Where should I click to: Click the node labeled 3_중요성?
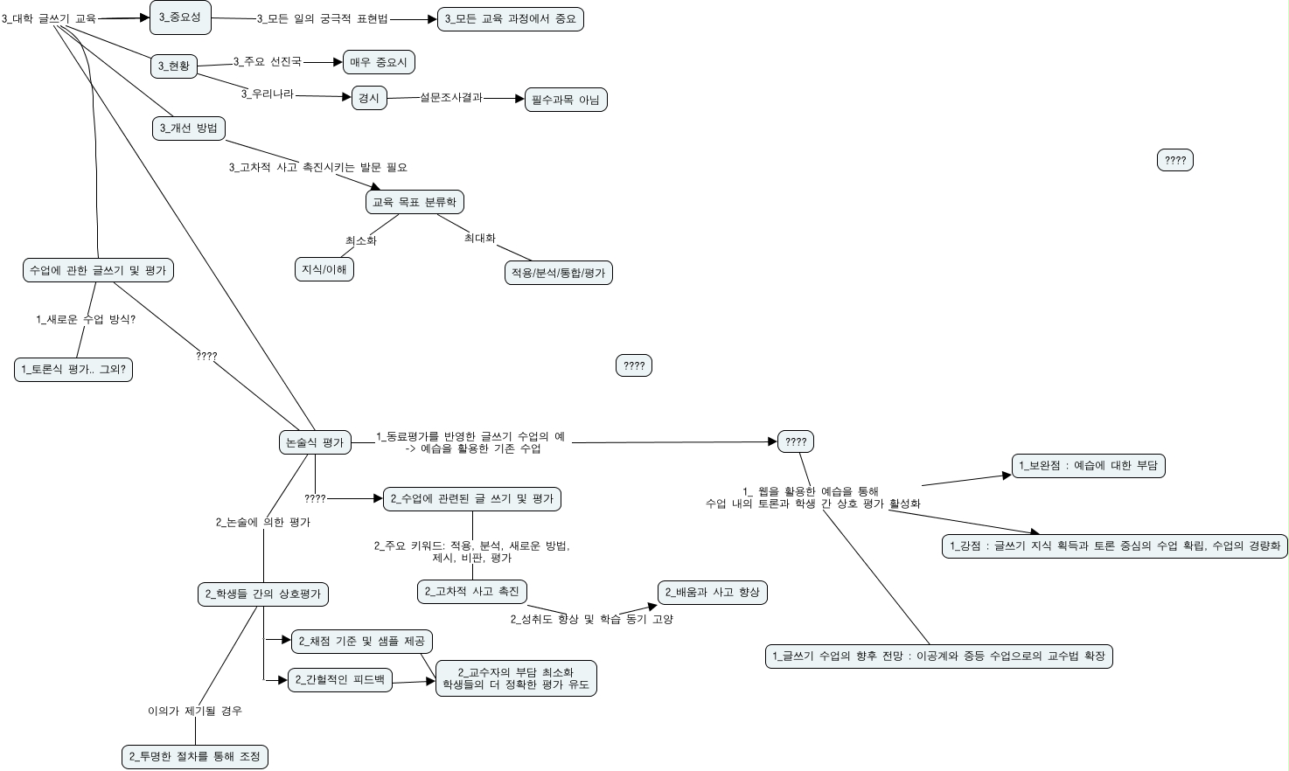[180, 17]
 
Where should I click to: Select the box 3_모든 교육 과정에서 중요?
[510, 18]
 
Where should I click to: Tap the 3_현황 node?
[174, 66]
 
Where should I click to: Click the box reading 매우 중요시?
[378, 62]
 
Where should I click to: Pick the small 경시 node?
[368, 99]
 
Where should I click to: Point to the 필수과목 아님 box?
[565, 100]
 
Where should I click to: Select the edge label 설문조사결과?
[450, 98]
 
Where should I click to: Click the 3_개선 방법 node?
[189, 128]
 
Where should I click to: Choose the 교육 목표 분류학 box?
[414, 202]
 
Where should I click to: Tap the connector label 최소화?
[360, 240]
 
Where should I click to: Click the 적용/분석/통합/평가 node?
[558, 273]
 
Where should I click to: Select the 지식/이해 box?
[324, 269]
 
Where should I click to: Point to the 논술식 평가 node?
[315, 442]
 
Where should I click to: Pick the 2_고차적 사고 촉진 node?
[471, 592]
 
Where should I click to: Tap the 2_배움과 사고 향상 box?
[712, 592]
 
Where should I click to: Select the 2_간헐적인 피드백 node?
[339, 680]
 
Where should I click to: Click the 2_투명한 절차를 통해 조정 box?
[194, 756]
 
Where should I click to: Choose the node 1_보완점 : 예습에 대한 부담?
[1088, 466]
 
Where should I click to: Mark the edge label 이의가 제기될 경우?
[194, 711]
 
